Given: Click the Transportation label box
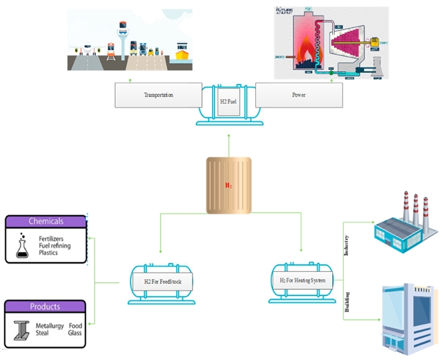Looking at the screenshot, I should pos(158,94).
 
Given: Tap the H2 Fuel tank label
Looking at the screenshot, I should pos(229,103).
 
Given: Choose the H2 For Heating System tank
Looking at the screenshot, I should pos(302,281).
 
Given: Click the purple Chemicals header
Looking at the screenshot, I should pos(46,221).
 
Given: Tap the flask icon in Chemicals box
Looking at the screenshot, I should pos(21,246).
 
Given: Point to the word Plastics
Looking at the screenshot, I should pos(49,253).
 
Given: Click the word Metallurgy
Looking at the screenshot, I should pos(51,325).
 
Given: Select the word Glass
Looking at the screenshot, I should pos(76,332).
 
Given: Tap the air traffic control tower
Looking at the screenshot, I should pos(121,38).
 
